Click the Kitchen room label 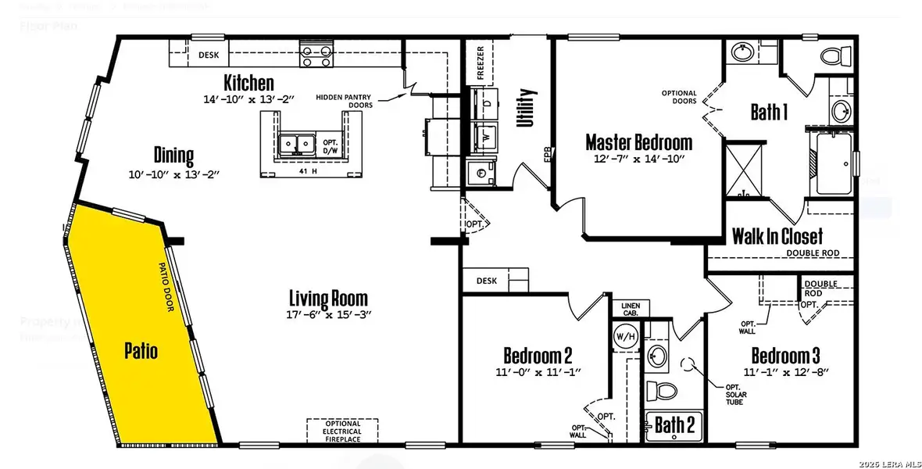click(x=248, y=83)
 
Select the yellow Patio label click(x=141, y=351)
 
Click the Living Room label click(x=327, y=298)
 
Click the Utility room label click(x=521, y=109)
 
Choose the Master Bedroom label click(x=638, y=142)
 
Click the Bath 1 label click(x=768, y=112)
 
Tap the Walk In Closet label click(x=777, y=235)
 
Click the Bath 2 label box click(x=673, y=425)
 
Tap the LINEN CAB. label click(x=631, y=309)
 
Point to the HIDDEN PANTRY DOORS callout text click(x=345, y=101)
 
